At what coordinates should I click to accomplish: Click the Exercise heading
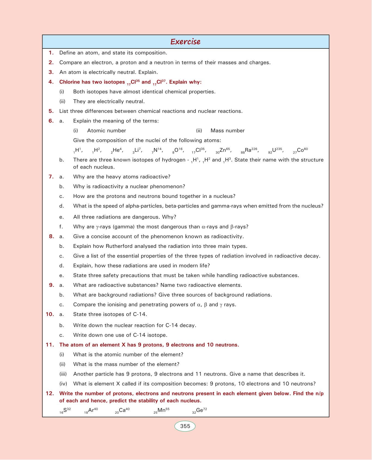pos(185,42)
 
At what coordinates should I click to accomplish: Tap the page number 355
pos(185,426)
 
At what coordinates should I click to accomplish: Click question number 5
pos(51,111)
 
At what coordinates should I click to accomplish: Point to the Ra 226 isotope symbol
pos(249,150)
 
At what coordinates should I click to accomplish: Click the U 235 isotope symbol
pos(275,150)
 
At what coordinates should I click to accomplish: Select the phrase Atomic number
pos(106,131)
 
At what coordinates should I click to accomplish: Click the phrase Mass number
pos(227,131)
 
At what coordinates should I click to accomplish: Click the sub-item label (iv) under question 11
pos(63,384)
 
